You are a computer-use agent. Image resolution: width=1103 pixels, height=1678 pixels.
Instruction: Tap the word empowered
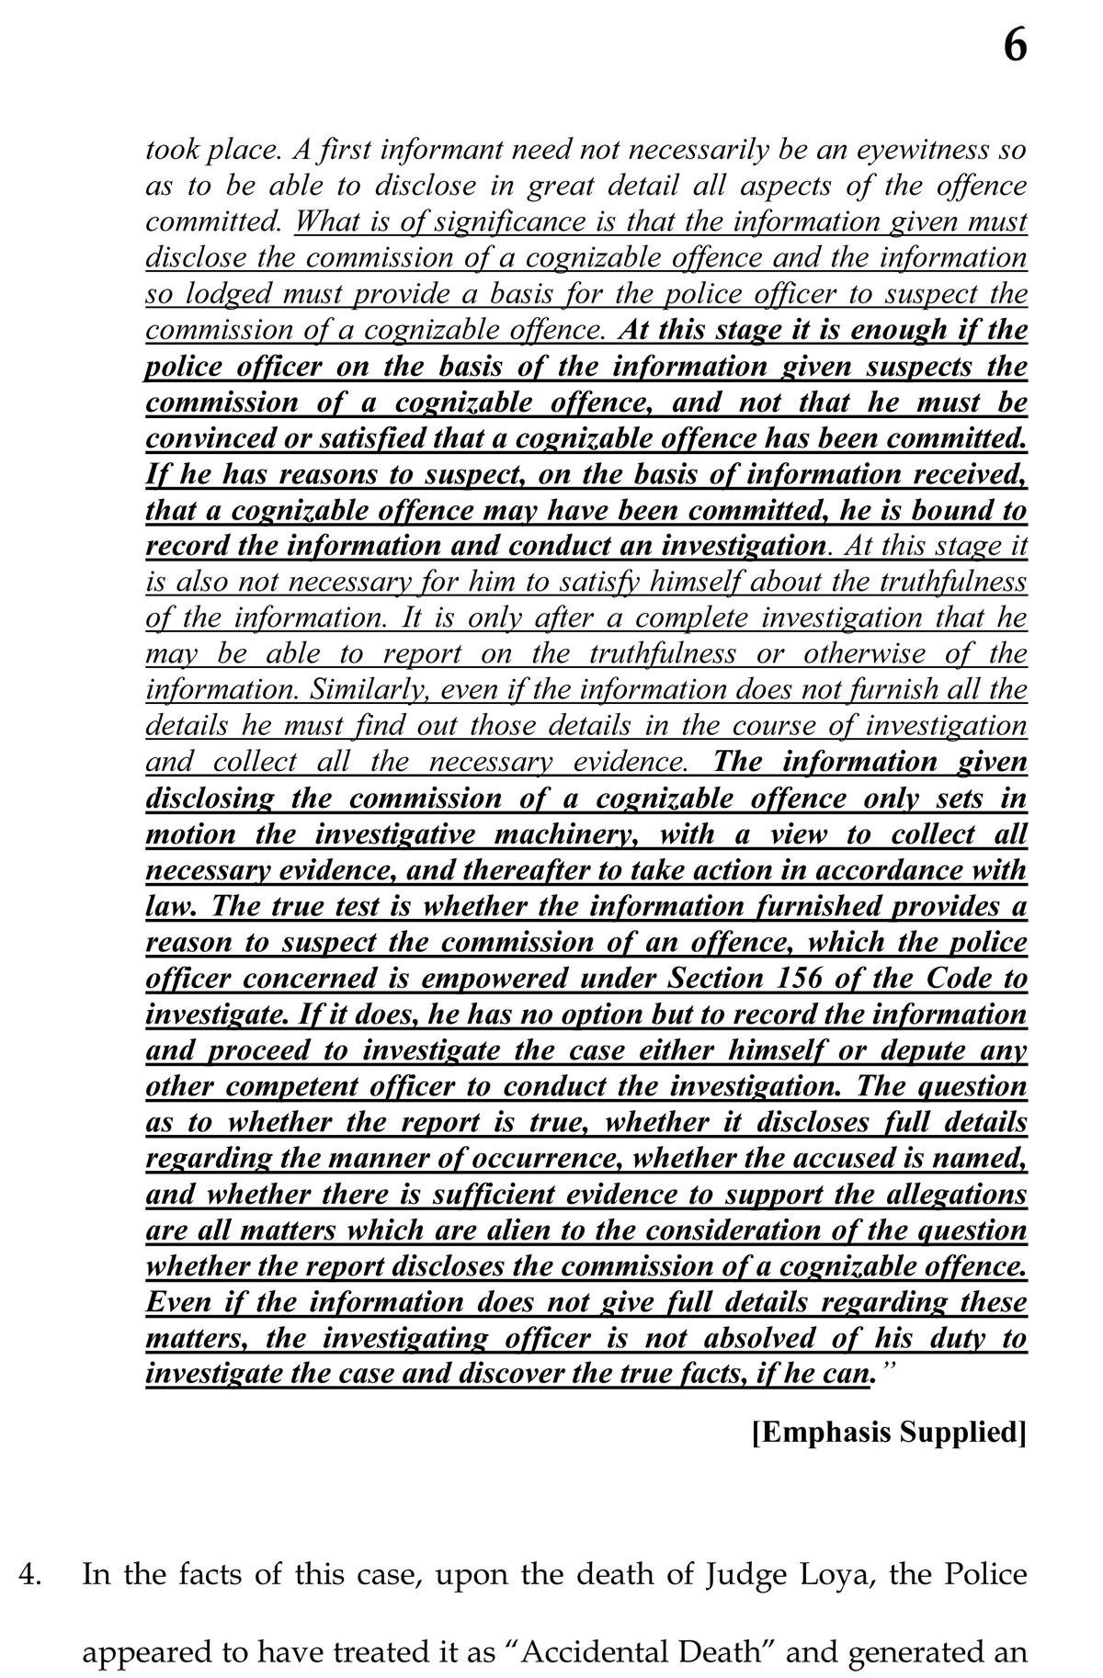tap(495, 978)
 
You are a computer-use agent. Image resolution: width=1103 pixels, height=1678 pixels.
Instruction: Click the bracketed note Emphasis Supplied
tap(889, 1433)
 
